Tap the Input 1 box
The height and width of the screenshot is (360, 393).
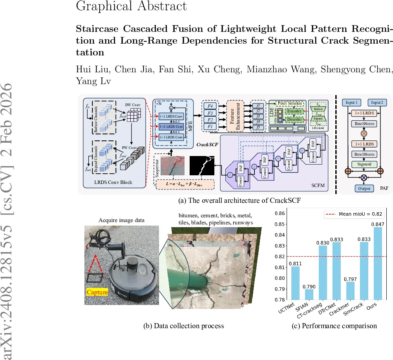352,103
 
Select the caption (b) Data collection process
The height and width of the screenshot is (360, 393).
185,325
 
